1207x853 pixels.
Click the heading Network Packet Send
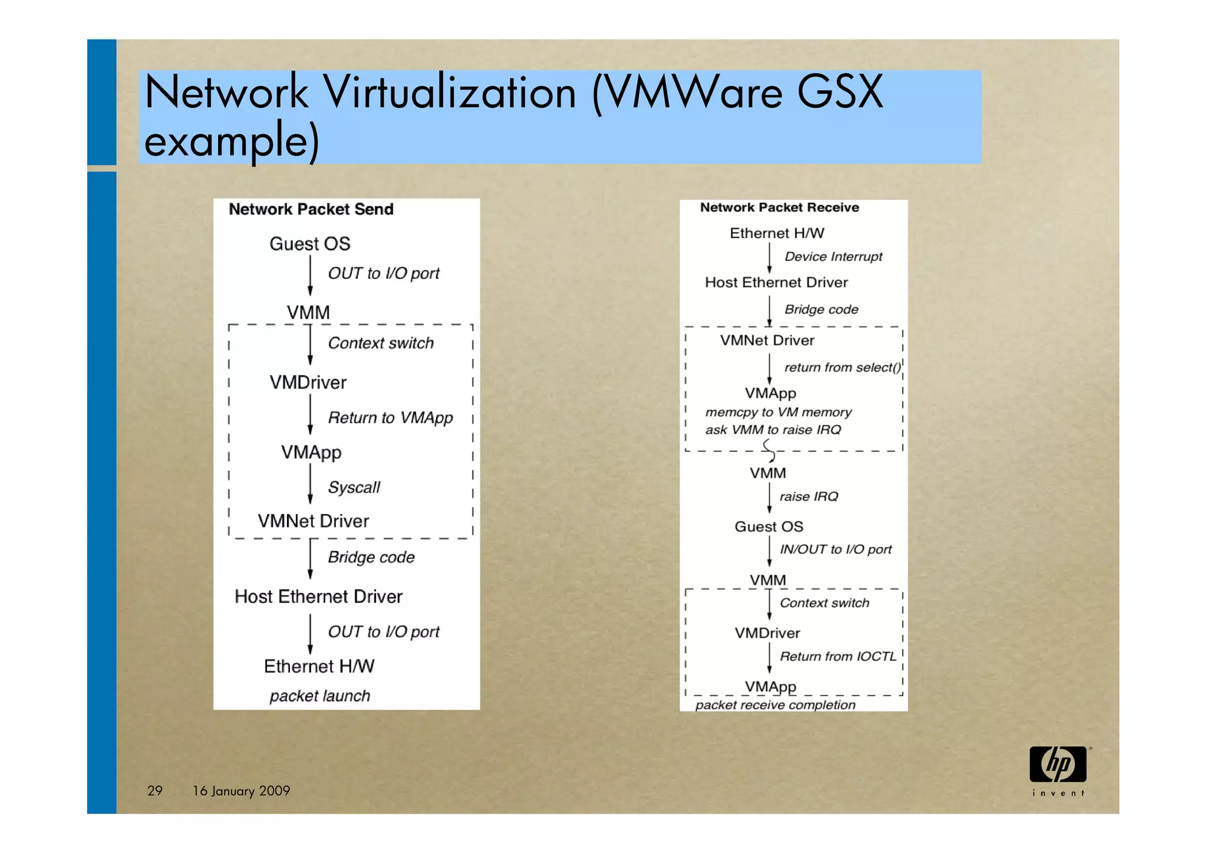311,209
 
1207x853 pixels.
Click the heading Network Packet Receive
779,208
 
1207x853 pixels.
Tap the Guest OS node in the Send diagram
309,243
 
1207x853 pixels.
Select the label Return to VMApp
390,418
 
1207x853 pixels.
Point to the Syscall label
354,488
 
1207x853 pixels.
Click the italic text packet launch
319,696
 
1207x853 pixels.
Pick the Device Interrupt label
833,256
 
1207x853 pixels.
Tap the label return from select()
842,367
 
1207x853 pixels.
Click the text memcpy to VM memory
778,412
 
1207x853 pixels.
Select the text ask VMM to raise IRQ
773,430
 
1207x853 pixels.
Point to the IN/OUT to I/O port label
835,549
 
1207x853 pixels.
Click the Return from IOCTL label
837,657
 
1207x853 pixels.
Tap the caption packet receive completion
775,705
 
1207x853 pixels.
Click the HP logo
1058,765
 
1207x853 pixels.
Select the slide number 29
155,791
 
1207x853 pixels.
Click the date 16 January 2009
241,791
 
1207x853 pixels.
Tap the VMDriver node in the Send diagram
308,383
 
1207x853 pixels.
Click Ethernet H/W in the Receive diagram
777,233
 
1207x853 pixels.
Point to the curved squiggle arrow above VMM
769,450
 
